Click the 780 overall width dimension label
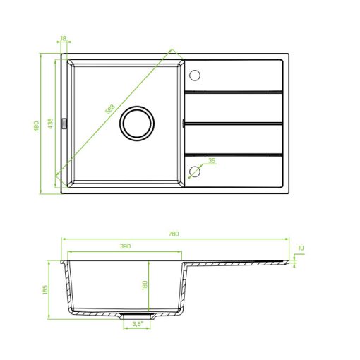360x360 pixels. (x=174, y=234)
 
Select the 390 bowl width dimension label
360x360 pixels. (x=125, y=246)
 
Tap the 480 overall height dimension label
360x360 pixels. (x=36, y=126)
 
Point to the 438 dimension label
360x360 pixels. (x=50, y=124)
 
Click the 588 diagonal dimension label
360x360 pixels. (x=110, y=109)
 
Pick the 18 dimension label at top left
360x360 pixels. (x=64, y=38)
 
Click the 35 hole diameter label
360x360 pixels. (x=212, y=160)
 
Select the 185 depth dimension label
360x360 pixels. (x=45, y=289)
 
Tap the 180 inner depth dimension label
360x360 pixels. (x=145, y=285)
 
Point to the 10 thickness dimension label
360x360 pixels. (x=301, y=248)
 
